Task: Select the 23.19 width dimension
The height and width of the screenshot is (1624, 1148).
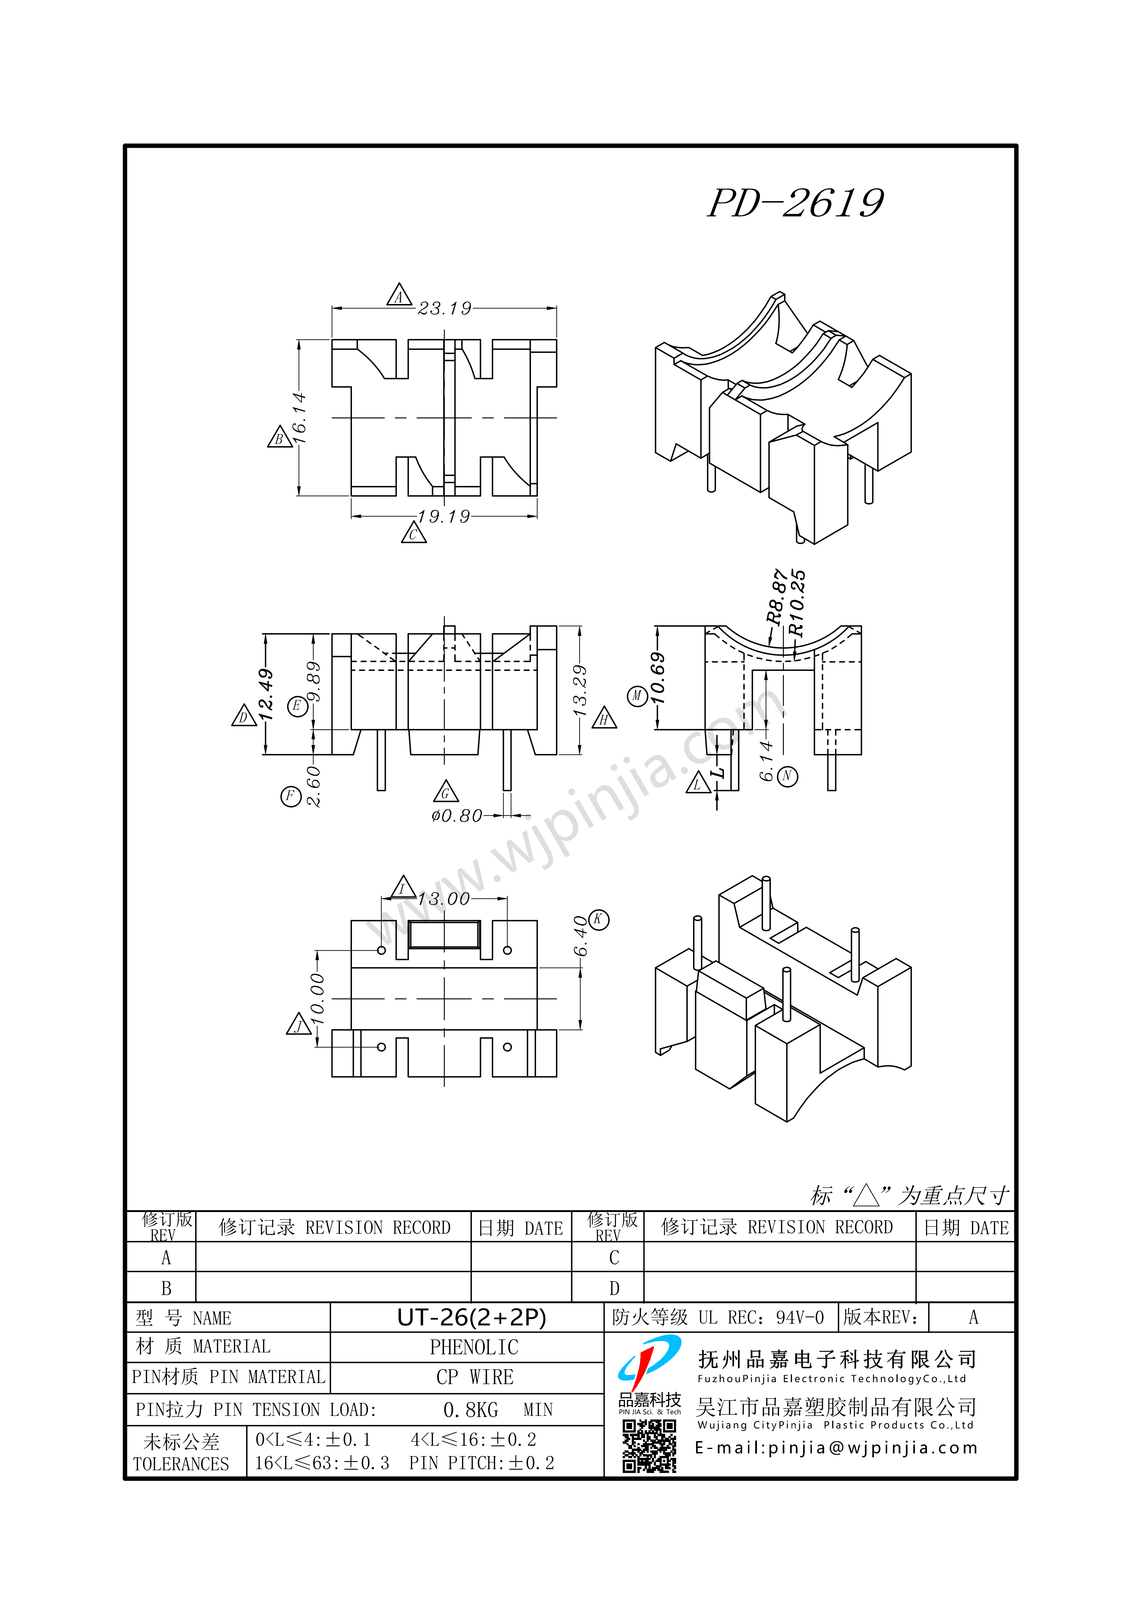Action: click(445, 308)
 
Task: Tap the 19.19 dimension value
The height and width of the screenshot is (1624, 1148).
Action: click(444, 516)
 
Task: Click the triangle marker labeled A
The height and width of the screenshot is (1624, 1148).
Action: click(399, 295)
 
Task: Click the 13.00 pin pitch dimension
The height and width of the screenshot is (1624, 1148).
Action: click(444, 899)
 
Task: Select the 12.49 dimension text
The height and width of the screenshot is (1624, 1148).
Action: click(266, 695)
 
